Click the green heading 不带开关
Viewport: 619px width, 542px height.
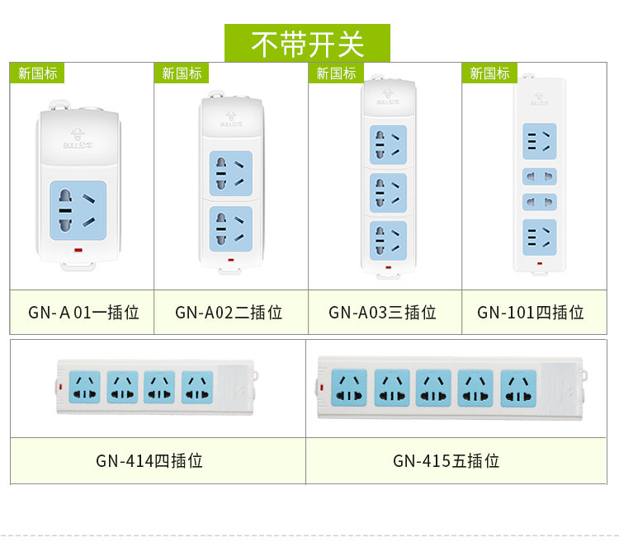(307, 43)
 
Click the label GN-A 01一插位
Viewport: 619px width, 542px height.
(83, 313)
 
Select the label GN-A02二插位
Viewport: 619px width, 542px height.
(229, 313)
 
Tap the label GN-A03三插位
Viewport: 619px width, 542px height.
(382, 313)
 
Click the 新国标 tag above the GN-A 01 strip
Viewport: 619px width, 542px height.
(37, 73)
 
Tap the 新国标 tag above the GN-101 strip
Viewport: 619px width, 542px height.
(489, 73)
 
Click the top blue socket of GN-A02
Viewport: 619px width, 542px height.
(230, 172)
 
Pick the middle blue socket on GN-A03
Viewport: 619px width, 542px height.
(388, 192)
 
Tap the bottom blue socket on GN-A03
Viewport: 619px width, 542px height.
(388, 240)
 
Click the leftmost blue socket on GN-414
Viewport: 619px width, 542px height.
(85, 387)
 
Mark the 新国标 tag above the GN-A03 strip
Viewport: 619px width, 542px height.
(336, 73)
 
